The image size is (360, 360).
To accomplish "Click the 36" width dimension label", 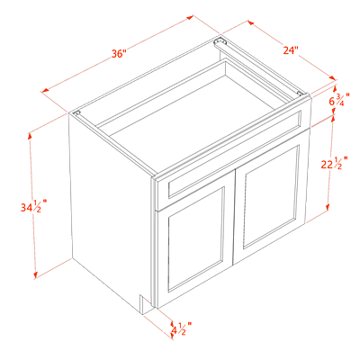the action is pos(119,54).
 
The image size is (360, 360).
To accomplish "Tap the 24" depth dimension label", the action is pos(291,50).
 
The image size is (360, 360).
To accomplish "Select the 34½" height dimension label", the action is pos(33,207).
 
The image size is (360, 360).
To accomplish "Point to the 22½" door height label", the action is pos(334,164).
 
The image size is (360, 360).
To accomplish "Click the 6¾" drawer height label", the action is pos(339,100).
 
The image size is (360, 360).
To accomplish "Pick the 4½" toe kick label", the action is pos(182,328).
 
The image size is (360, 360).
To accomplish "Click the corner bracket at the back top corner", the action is pos(220,41).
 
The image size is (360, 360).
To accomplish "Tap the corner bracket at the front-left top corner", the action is pos(77,113).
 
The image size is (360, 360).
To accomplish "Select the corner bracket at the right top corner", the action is pos(301,93).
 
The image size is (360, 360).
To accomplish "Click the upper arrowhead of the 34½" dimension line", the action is pos(30,136).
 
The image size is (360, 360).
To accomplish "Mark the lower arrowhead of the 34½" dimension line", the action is pos(35,275).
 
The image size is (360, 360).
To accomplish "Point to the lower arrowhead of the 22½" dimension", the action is pos(328,207).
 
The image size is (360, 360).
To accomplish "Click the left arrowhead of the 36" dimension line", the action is pos(45,90).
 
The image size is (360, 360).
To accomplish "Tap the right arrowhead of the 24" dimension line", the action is pos(332,77).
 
